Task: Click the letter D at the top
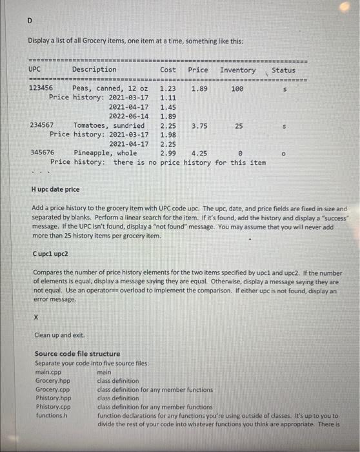pyautogui.click(x=29, y=20)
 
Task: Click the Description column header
pyautogui.click(x=94, y=70)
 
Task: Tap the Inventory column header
pyautogui.click(x=237, y=70)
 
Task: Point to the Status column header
pyautogui.click(x=284, y=70)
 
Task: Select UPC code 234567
pyautogui.click(x=42, y=126)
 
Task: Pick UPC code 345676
pyautogui.click(x=43, y=154)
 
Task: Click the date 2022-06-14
pyautogui.click(x=128, y=116)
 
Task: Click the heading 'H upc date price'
pyautogui.click(x=55, y=190)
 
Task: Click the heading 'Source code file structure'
pyautogui.click(x=77, y=354)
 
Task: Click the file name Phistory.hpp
pyautogui.click(x=52, y=398)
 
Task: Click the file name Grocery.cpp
pyautogui.click(x=52, y=390)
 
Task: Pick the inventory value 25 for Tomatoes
pyautogui.click(x=239, y=126)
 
